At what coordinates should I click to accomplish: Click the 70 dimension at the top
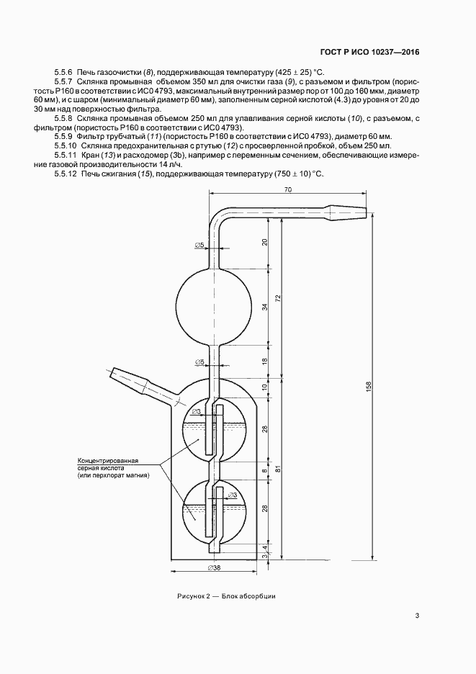tap(287, 190)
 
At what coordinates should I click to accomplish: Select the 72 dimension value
tap(278, 298)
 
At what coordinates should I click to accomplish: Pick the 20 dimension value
tap(265, 242)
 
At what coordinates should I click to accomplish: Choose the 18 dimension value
tap(265, 361)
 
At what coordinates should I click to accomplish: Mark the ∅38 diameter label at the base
tap(213, 569)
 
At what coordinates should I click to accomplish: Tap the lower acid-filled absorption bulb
tap(214, 512)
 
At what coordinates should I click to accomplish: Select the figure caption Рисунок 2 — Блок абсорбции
tap(227, 596)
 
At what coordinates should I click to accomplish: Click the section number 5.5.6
tap(64, 72)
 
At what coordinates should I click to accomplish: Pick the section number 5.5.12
tap(66, 174)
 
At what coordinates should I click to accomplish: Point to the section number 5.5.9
tap(64, 135)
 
